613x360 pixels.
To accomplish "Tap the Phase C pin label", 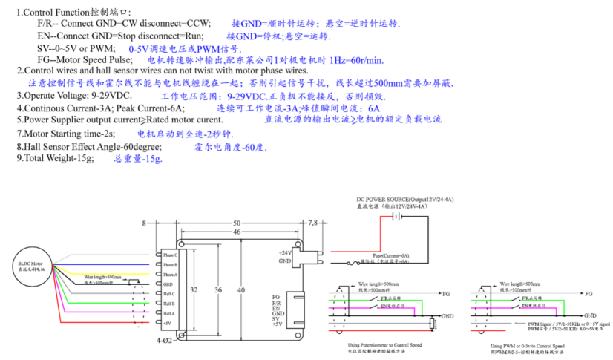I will coord(170,255).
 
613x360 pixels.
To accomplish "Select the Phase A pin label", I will coord(170,275).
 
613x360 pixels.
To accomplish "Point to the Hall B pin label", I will coord(169,304).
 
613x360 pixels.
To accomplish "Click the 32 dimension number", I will coord(194,289).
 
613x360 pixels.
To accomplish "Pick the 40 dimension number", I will coord(240,289).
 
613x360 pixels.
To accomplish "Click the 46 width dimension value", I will coord(237,232).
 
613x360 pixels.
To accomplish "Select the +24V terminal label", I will coord(285,253).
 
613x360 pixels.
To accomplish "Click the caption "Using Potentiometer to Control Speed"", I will coord(384,345).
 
